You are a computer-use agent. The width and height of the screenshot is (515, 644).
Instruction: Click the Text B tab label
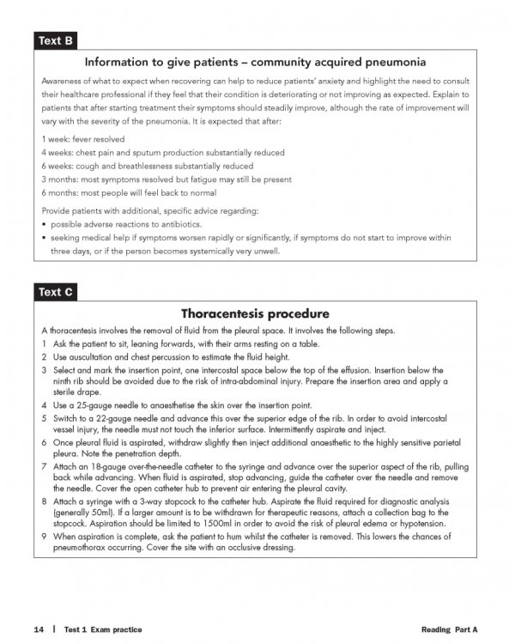coord(53,40)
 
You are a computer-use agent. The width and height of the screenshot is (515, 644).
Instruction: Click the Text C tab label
coord(53,293)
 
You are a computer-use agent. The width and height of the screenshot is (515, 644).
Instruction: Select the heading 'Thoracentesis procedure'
coord(257,313)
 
